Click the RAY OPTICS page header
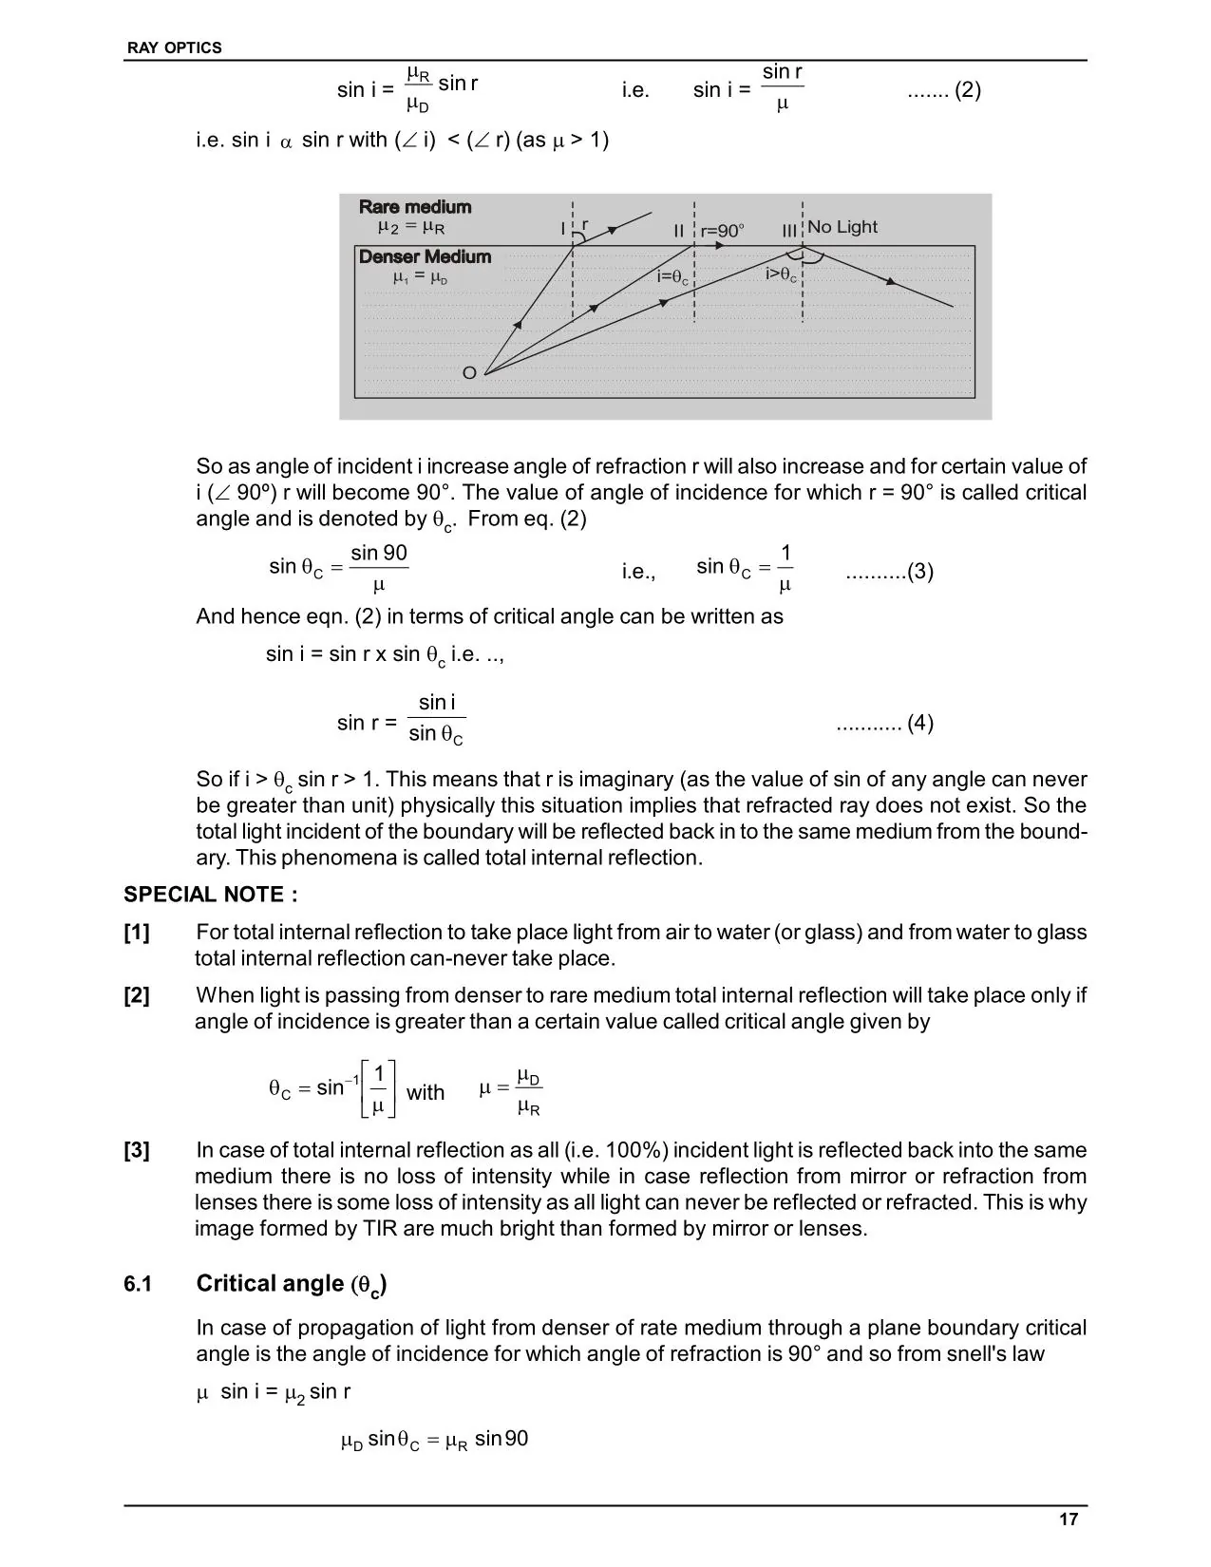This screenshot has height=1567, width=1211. point(174,47)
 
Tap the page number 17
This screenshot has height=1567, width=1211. point(1069,1520)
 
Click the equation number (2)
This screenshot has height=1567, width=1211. point(968,90)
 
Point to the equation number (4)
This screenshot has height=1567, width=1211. point(920,724)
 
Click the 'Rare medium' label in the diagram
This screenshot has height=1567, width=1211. point(415,207)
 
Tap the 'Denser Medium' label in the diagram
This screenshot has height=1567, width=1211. point(425,256)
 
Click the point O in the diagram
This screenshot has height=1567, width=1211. point(469,373)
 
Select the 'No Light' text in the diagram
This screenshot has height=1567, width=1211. point(842,227)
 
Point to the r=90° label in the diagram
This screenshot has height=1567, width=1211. point(722,231)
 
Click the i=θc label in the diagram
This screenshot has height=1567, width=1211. point(672,277)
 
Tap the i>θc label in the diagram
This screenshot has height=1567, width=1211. point(781,274)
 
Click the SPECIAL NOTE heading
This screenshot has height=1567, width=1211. point(210,895)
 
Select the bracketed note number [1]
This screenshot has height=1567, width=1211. point(137,933)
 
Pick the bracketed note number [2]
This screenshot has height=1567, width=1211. point(137,995)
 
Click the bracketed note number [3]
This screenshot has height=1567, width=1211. point(137,1150)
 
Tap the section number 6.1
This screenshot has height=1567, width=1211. point(138,1285)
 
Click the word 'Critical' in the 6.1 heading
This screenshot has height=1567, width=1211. point(241,1284)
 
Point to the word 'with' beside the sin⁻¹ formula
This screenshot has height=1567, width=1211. point(426,1093)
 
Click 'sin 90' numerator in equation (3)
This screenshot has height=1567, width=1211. point(379,554)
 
